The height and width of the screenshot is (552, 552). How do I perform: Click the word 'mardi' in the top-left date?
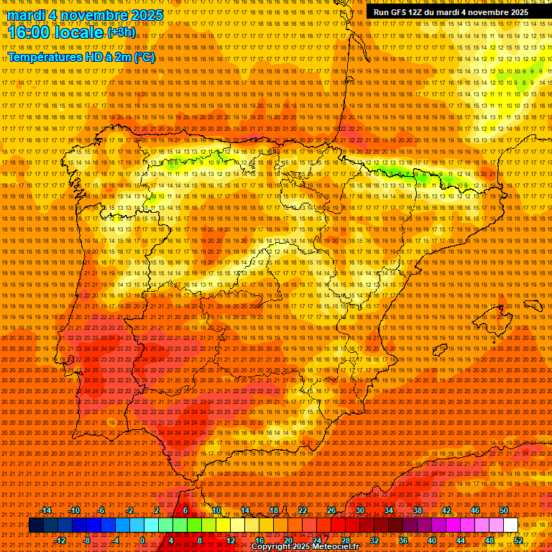[x=26, y=14]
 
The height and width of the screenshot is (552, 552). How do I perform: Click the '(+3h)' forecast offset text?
[x=120, y=32]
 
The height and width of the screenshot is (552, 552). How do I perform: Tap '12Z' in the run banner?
[x=424, y=12]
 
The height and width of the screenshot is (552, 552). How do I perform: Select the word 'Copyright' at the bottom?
[x=273, y=547]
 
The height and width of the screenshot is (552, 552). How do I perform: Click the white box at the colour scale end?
[x=510, y=525]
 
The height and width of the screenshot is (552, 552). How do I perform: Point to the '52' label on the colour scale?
[x=517, y=540]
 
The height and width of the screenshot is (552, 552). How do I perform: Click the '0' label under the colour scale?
[x=142, y=540]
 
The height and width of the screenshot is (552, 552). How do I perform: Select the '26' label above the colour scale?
[x=331, y=510]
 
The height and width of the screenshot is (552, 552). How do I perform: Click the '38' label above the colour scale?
[x=417, y=510]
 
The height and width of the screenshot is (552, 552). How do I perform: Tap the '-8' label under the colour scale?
[x=88, y=540]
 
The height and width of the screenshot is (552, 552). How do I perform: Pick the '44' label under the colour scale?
[x=461, y=540]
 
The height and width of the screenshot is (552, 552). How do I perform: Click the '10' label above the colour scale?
[x=216, y=510]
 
